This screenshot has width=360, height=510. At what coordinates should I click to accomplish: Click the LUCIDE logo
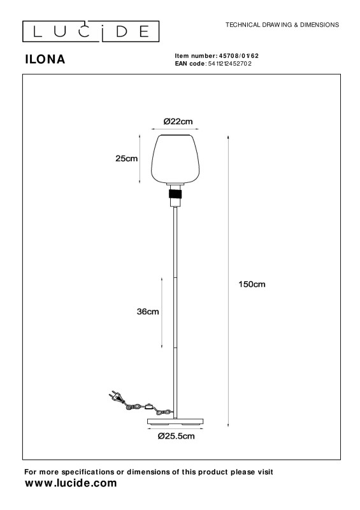90,31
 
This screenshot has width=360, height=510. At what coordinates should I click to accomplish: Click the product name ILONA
45,59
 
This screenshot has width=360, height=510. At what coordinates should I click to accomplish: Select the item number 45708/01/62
239,56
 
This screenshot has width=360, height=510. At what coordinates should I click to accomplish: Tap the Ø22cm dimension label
178,122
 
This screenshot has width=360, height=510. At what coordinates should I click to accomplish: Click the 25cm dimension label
127,159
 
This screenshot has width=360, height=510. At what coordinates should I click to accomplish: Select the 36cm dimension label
148,312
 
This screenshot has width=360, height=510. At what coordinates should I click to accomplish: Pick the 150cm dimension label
252,284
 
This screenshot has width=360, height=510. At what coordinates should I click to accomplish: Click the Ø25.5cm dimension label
176,436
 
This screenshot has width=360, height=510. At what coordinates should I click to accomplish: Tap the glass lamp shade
175,159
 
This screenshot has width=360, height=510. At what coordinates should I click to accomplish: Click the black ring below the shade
175,195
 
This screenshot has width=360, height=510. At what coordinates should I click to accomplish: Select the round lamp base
175,422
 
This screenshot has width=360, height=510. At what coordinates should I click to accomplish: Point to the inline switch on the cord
150,406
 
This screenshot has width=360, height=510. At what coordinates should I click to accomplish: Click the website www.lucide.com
71,483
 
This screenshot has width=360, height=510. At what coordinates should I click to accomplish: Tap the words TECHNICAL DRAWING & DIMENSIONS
282,25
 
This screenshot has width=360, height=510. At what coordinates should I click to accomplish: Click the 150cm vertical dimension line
228,281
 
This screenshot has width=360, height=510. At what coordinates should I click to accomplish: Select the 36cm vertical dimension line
162,312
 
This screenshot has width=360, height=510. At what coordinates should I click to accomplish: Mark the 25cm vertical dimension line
140,159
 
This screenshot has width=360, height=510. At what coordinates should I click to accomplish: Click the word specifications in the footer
88,472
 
